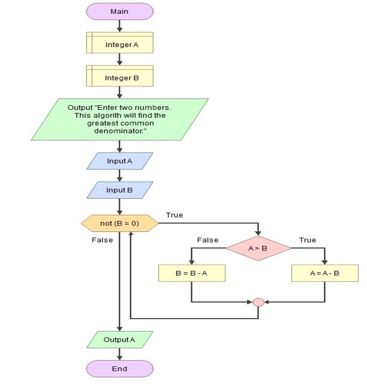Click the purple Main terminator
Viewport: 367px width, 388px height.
click(x=120, y=12)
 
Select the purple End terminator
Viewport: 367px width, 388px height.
click(x=120, y=369)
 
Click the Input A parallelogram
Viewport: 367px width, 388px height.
click(x=120, y=161)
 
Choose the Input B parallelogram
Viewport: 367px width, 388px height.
click(x=120, y=190)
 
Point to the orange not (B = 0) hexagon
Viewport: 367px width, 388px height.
click(x=120, y=224)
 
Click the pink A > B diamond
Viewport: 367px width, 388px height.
click(x=258, y=248)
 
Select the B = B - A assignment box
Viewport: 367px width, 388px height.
click(x=192, y=273)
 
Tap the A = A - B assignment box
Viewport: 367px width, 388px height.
click(x=325, y=273)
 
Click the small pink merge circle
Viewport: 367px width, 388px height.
click(x=259, y=302)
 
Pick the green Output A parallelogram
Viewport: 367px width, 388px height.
click(x=120, y=339)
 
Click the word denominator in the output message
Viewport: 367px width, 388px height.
click(x=120, y=131)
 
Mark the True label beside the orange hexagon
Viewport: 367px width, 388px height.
click(x=174, y=215)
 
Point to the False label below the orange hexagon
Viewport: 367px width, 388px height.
click(x=102, y=240)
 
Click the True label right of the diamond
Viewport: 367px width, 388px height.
click(x=307, y=240)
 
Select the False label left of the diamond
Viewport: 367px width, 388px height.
click(x=208, y=240)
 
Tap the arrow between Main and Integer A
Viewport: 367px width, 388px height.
click(x=120, y=26)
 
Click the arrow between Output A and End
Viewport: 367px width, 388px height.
click(x=120, y=354)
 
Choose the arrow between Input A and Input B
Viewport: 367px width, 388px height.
click(x=120, y=176)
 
